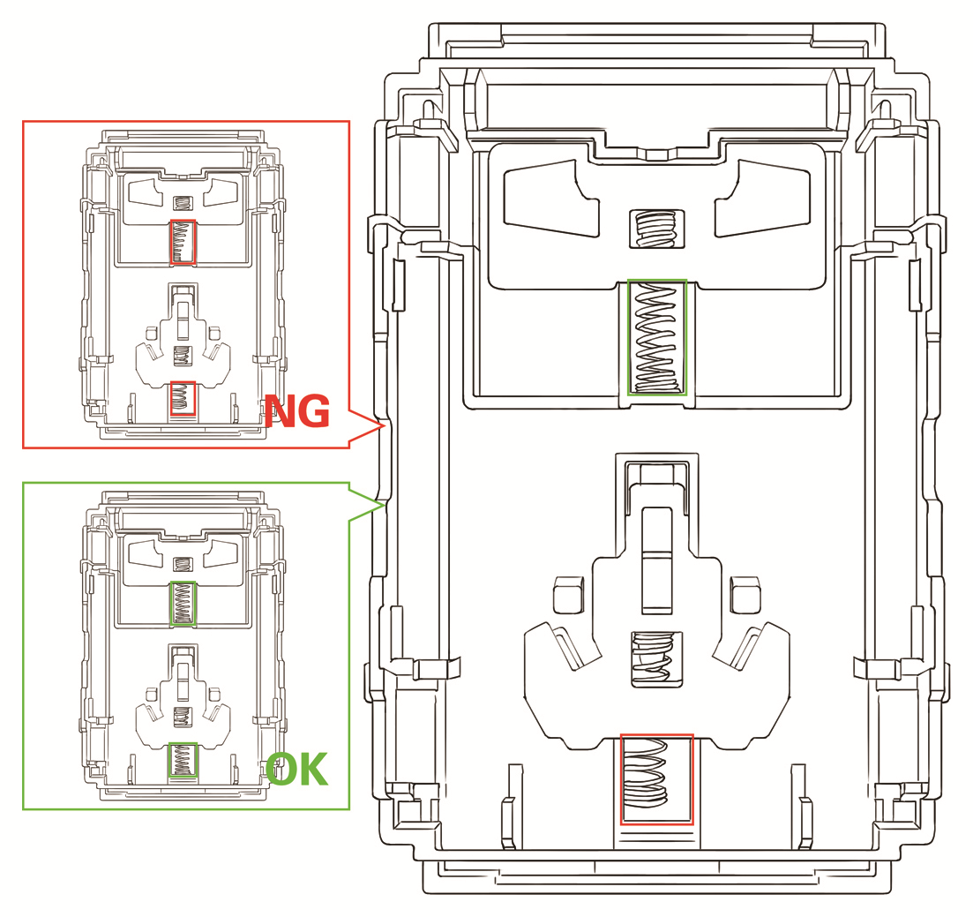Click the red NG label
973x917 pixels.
point(297,411)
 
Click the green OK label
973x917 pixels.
point(296,770)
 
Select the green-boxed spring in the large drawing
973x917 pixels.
point(657,337)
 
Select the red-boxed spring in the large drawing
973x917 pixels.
point(656,779)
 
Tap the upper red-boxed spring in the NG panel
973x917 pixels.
point(183,242)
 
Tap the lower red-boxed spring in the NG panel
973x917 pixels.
point(183,398)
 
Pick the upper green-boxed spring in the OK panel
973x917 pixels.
point(183,604)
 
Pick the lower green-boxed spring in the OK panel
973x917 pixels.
point(183,760)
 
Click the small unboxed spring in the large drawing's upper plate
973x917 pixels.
point(656,229)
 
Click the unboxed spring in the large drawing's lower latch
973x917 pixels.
point(656,659)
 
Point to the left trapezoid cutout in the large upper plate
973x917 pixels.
point(551,198)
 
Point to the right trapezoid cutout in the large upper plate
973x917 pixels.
point(763,198)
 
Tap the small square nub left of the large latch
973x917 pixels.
point(568,594)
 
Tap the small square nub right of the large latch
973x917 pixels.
point(745,594)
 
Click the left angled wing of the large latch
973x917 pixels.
point(562,646)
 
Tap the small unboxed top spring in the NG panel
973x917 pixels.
point(183,203)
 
